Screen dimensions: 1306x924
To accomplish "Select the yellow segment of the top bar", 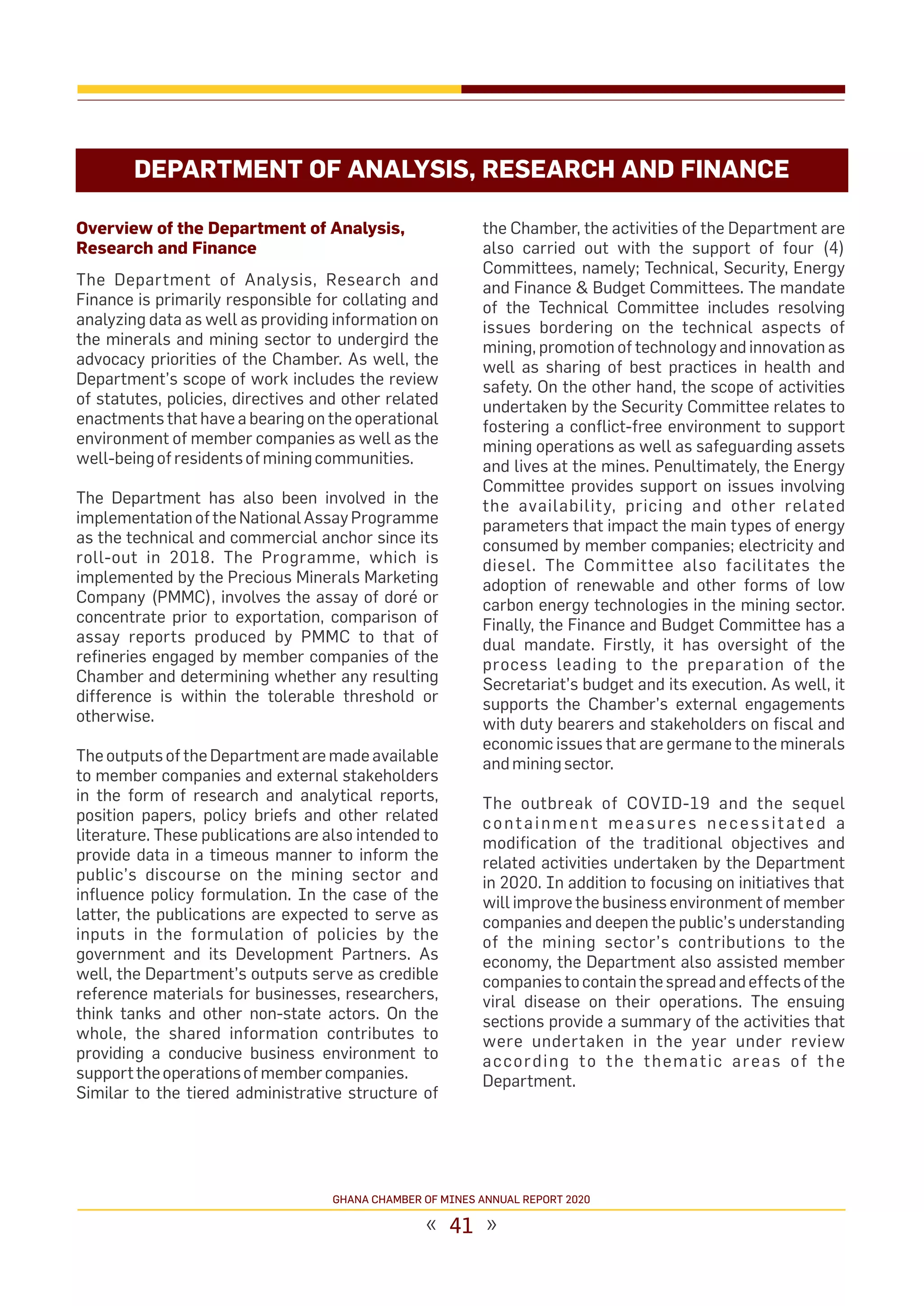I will click(268, 89).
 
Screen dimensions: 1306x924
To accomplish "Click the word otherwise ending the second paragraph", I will click(115, 716).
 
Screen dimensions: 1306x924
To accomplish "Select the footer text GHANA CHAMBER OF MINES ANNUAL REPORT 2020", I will click(461, 1200).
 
